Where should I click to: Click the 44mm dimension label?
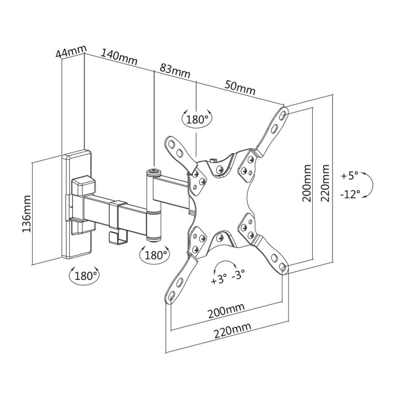point(70,51)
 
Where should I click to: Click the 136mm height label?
point(26,213)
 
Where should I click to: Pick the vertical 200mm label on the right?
point(307,183)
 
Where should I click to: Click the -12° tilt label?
point(350,194)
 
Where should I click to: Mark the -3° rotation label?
point(239,275)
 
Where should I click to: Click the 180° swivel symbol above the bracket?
point(196,119)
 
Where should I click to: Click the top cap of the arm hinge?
point(154,171)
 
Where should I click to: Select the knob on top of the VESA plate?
point(212,161)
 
